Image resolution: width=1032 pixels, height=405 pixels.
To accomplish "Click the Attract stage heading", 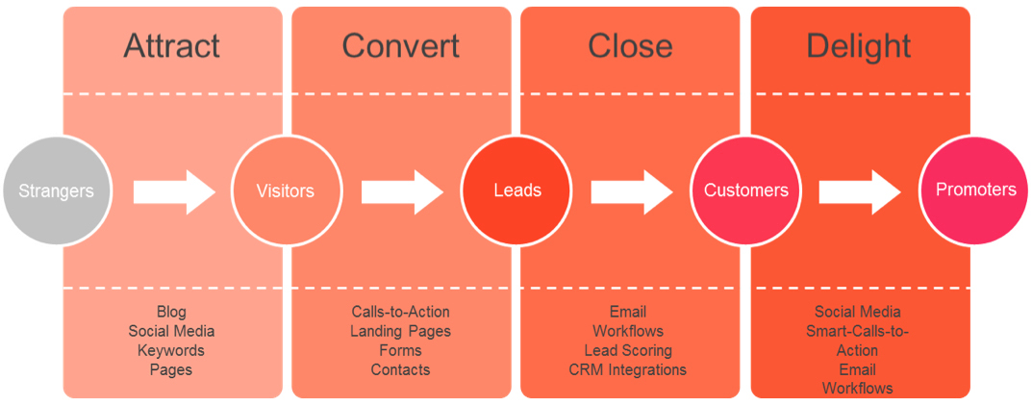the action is coord(172,46).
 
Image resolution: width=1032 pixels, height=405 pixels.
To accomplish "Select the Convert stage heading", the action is coord(401,46).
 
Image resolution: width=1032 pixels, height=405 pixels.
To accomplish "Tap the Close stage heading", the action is coord(631,46).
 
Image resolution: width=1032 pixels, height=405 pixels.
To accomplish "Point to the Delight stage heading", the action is coord(859,47).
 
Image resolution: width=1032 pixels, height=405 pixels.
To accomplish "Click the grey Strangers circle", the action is coord(57,191).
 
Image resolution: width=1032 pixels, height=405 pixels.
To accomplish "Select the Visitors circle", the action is coord(286,191).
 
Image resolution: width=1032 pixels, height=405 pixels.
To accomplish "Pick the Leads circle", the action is coord(517,191).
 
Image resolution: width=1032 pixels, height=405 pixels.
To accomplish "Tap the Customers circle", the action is coord(745,191).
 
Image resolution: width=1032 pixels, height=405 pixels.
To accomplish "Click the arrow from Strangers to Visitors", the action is coord(174,191).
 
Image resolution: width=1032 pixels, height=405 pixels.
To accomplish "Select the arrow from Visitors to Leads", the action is coord(403,191).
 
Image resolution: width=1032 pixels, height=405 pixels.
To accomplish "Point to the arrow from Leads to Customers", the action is coord(632,191).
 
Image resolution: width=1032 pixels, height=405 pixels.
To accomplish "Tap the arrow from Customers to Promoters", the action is coord(860,191).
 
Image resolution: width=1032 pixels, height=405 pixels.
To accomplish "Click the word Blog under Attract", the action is coord(171,312).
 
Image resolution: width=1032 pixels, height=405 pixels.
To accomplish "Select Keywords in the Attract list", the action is coord(171,349).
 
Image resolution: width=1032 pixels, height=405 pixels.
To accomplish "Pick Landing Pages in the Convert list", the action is coord(400,331).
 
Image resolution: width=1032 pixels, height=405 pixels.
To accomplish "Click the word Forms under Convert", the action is coord(400,349).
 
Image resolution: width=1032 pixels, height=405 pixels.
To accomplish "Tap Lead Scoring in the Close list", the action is coord(628,349).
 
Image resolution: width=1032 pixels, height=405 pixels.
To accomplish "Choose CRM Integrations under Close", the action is coord(628,369).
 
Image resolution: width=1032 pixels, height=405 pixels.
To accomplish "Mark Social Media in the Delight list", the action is coord(858,312).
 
